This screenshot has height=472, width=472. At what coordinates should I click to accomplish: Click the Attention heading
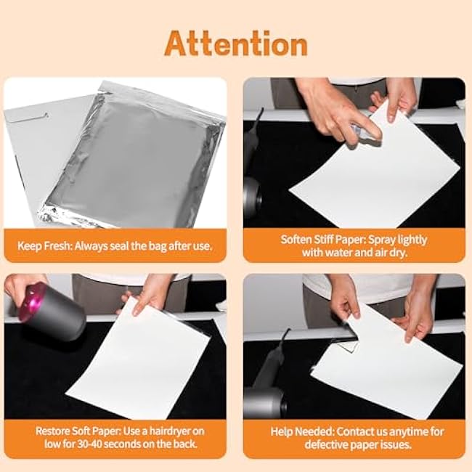coord(236,44)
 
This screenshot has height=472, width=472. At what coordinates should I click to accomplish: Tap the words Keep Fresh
coord(44,246)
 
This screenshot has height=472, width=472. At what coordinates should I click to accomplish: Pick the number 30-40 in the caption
coord(90,444)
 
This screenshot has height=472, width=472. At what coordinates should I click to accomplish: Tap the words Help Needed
coord(302,431)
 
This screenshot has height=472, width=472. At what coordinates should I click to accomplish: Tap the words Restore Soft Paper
coord(78,431)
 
